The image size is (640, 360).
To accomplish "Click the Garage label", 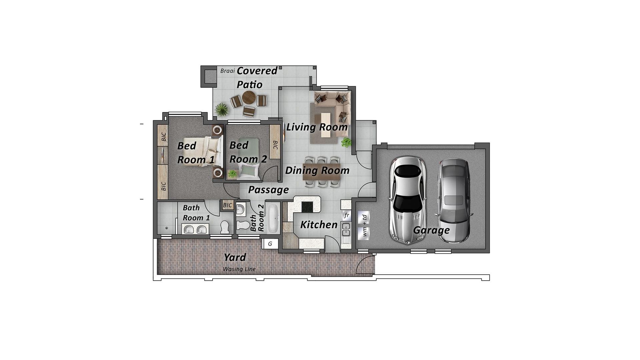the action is pos(431,230).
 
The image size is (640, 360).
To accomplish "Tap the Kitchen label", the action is pos(319,225).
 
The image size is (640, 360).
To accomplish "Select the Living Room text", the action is pos(317,127).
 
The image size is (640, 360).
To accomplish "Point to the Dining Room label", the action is pos(317,170).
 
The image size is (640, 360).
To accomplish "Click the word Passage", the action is pos(268,190).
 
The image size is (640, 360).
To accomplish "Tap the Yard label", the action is pos(235,257).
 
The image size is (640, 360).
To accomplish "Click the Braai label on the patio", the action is pos(228,71).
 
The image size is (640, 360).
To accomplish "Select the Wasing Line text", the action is pos(239,269).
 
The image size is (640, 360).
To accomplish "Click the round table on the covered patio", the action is pos(249,98).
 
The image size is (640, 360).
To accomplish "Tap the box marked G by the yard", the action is pos(270,244).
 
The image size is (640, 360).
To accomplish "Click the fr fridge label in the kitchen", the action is pos(347,215).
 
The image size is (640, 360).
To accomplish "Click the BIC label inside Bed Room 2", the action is pos(275,145).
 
